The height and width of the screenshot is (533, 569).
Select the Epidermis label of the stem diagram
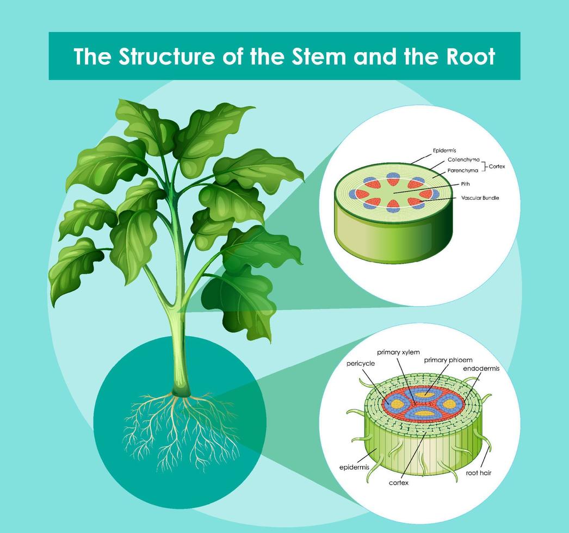[x=444, y=150]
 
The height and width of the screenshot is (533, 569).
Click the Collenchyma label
[x=463, y=160]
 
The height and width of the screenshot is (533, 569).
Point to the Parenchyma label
[x=462, y=170]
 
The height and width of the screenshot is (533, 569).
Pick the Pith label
[x=466, y=184]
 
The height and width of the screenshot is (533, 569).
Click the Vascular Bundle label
[x=480, y=198]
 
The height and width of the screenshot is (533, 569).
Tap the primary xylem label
[x=398, y=352]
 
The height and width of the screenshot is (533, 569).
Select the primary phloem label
[x=448, y=360]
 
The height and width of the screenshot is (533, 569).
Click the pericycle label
[x=361, y=363]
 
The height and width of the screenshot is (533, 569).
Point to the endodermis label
[x=481, y=368]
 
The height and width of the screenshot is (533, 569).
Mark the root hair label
[x=479, y=473]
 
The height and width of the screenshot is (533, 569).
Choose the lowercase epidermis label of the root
[x=354, y=467]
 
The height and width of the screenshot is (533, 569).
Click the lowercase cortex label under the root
[x=399, y=482]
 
